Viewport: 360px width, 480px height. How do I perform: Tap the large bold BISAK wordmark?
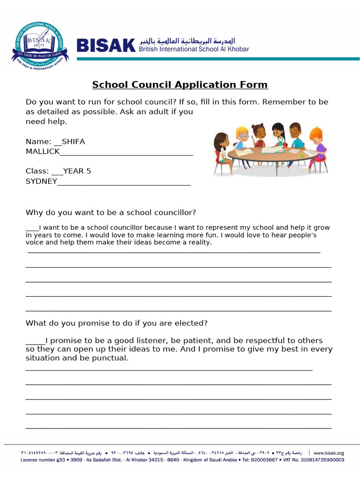[x=105, y=45]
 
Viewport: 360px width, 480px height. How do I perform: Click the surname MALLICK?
[x=43, y=151]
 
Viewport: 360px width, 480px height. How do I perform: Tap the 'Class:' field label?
[x=37, y=171]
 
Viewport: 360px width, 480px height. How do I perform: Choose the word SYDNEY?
[x=41, y=181]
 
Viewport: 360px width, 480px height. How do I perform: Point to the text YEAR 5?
[x=77, y=171]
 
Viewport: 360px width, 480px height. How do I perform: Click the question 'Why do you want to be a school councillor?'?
[x=111, y=212]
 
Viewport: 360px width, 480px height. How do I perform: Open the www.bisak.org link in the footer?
[x=329, y=453]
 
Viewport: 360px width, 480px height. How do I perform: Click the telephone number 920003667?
[x=263, y=460]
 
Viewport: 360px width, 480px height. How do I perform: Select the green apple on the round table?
[x=302, y=154]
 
